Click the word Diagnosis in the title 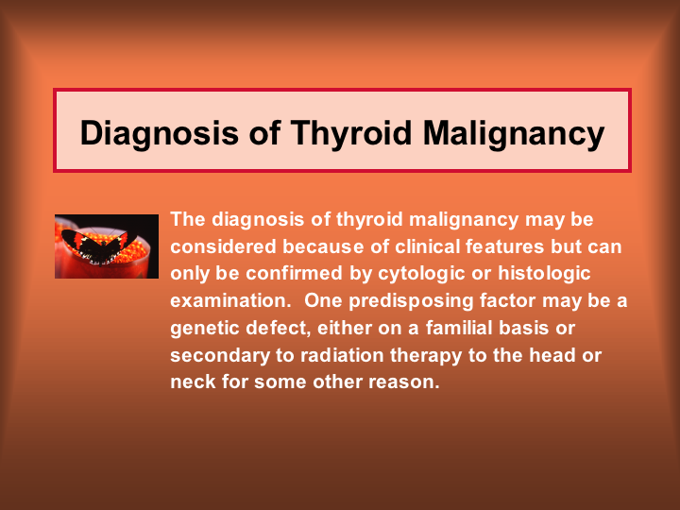[x=160, y=133]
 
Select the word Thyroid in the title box [x=350, y=133]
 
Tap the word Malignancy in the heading [x=514, y=133]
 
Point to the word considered [x=223, y=246]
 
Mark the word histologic [x=544, y=274]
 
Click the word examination [x=230, y=301]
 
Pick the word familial [x=459, y=328]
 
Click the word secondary [x=220, y=356]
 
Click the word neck [x=193, y=382]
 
